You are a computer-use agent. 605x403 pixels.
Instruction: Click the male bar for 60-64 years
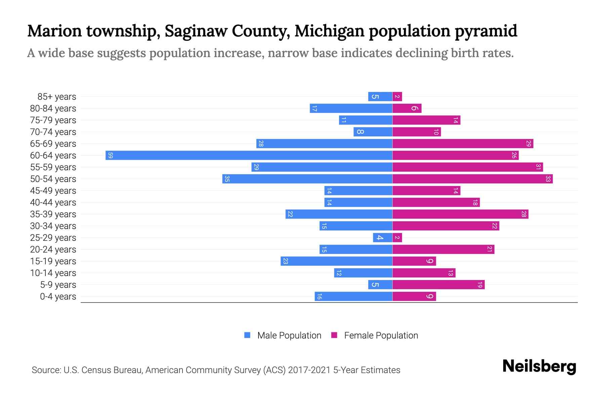tap(249, 155)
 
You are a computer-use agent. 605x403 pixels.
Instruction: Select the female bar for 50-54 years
tap(472, 179)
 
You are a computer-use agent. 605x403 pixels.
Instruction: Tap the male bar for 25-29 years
tap(382, 238)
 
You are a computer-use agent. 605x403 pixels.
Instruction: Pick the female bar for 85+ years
tap(397, 97)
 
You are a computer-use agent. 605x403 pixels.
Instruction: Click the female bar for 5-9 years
tap(438, 285)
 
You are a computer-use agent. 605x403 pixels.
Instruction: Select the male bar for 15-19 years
tap(336, 261)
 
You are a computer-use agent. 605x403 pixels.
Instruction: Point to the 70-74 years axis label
tap(53, 132)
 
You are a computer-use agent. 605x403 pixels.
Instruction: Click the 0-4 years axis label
tap(58, 297)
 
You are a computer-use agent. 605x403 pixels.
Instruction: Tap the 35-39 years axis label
tap(53, 214)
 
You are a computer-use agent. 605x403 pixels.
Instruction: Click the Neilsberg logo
tap(539, 366)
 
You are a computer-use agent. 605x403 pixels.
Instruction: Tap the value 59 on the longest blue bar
tap(110, 155)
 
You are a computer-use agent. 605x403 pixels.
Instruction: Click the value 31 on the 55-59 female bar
tap(538, 167)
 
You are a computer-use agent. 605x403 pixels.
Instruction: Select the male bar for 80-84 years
tap(351, 108)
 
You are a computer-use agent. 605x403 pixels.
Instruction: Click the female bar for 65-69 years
tap(462, 144)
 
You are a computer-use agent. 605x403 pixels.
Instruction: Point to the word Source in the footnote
tap(46, 370)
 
